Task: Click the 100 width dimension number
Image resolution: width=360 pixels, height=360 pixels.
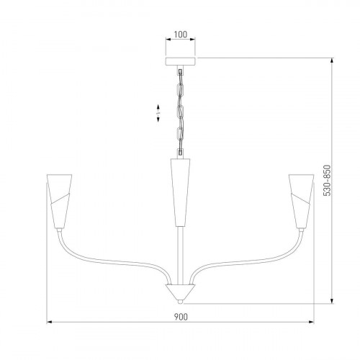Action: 180,35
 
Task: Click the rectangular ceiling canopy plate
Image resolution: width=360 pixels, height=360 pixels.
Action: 180,63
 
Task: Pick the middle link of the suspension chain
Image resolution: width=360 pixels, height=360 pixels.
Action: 180,112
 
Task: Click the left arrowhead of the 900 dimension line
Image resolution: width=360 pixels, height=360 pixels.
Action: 48,322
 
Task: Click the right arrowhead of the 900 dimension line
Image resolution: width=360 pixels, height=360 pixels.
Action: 311,322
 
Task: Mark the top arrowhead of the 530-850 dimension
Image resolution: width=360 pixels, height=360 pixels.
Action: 331,61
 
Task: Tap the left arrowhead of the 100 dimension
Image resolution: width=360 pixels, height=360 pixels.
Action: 168,42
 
